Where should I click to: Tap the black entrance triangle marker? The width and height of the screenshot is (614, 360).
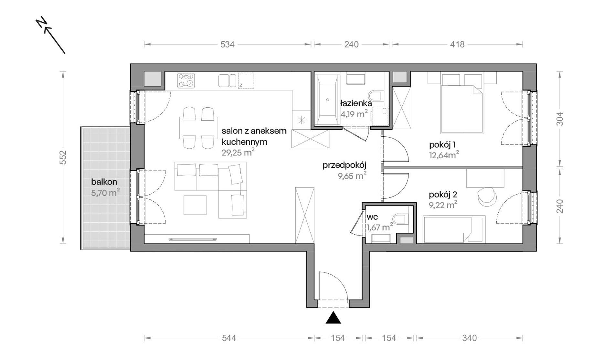[x=333, y=318]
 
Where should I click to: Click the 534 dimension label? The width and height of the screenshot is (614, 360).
[x=228, y=44]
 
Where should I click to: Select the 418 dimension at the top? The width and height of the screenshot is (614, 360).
[x=457, y=44]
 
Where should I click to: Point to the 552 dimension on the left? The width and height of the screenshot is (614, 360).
[x=63, y=157]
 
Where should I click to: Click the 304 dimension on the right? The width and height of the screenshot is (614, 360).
[x=560, y=119]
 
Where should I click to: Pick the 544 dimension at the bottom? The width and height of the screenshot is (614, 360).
[x=229, y=338]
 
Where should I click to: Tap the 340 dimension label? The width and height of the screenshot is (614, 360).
[x=469, y=338]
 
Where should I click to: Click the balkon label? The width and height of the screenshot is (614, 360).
[x=104, y=182]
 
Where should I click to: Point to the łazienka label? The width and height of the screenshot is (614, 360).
[x=356, y=103]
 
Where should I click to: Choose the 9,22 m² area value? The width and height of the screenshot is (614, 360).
[x=443, y=205]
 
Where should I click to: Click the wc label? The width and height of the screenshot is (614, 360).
[x=372, y=217]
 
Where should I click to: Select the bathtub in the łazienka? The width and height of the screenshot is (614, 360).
[x=327, y=100]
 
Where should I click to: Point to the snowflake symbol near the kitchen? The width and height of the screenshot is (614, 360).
[x=302, y=121]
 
